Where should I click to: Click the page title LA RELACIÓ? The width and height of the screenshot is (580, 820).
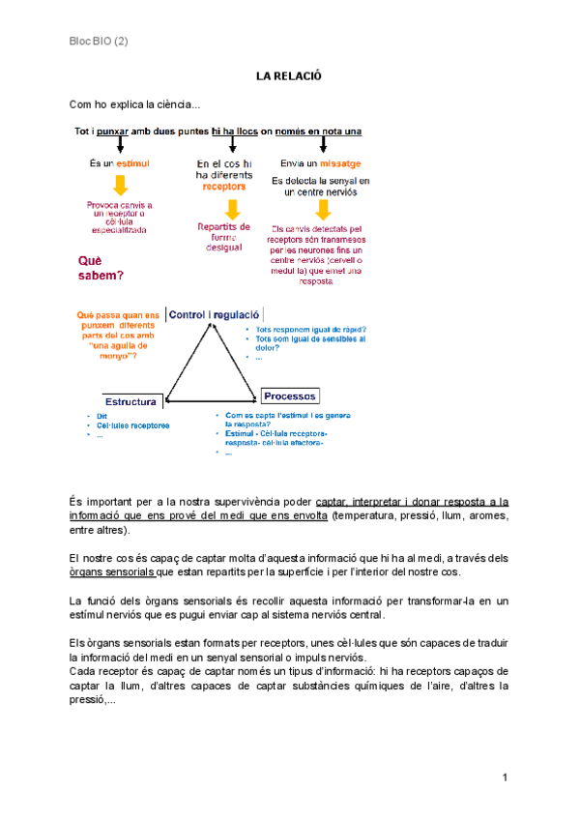pos(288,75)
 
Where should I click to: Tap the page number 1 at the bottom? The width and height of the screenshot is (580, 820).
pos(505,778)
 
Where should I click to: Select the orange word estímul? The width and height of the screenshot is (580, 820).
pos(132,164)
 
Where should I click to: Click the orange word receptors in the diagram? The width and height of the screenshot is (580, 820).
pos(224,188)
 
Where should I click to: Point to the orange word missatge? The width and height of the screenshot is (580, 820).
pos(339,163)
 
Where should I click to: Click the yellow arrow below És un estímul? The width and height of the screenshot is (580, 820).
pos(120,187)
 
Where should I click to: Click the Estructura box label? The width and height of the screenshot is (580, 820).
pos(131,400)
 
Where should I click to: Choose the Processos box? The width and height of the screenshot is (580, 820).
pos(290,396)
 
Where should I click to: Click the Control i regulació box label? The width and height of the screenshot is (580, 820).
pos(215,314)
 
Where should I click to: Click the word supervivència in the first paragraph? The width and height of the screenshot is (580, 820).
pos(249,501)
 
